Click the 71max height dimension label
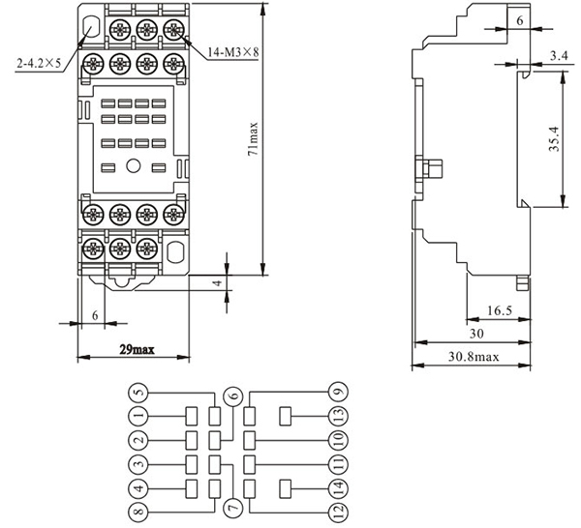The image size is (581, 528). [254, 138]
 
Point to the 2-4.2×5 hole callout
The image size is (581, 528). [40, 63]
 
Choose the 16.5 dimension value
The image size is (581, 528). [496, 311]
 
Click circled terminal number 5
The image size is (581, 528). [139, 392]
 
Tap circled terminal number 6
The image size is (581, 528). [232, 395]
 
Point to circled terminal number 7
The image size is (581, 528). [232, 507]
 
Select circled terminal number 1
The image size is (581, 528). [139, 416]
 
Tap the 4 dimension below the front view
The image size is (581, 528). [218, 282]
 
